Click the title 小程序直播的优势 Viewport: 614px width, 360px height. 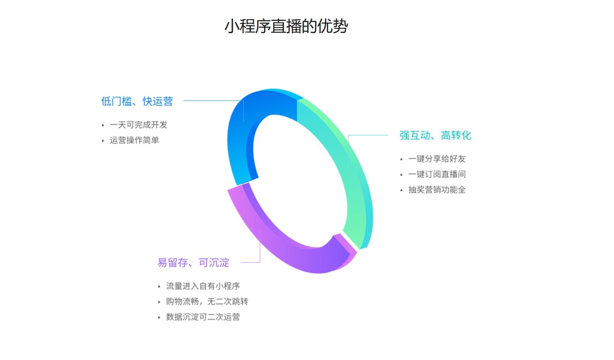286,26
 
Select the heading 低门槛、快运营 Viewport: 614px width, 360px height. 137,101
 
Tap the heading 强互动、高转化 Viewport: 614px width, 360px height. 435,135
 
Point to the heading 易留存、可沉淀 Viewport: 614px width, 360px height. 193,263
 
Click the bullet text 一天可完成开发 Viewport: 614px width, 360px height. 139,125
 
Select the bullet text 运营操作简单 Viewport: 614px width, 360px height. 134,140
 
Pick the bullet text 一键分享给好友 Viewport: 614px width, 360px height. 437,159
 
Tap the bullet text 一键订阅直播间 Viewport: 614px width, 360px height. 437,174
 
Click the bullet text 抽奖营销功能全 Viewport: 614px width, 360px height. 437,190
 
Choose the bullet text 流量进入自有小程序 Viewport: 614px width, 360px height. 203,286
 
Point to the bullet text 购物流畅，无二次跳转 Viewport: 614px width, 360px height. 207,302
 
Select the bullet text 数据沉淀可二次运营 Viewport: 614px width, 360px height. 203,317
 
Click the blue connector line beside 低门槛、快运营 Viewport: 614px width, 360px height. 213,101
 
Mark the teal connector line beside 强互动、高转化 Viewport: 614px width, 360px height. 368,135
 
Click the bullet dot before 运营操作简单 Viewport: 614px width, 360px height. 103,141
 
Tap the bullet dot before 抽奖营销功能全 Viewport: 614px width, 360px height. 402,190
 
